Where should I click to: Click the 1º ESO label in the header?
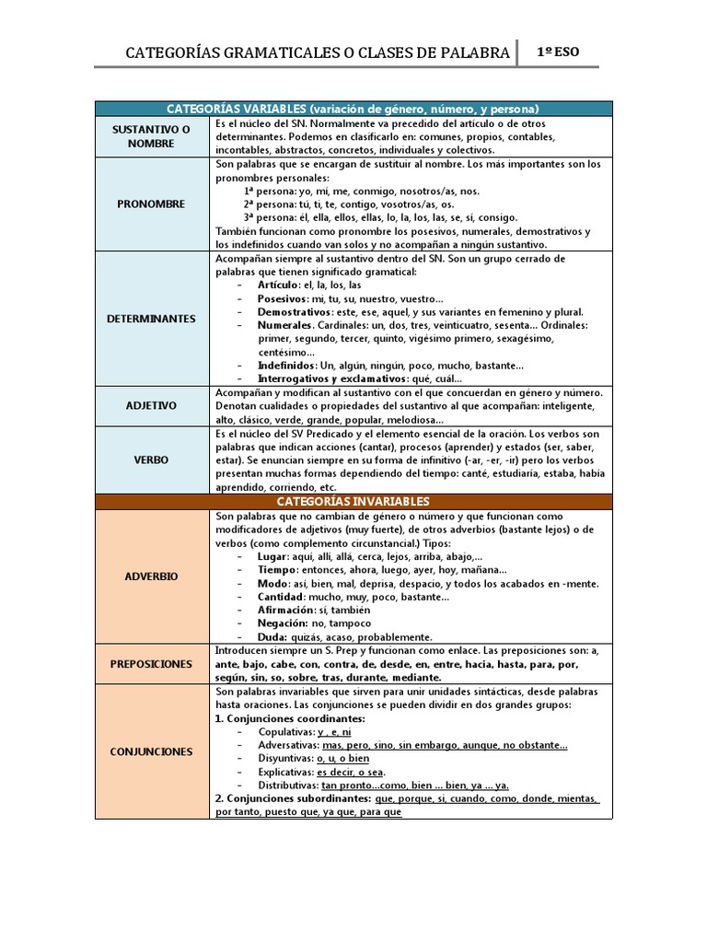click(559, 52)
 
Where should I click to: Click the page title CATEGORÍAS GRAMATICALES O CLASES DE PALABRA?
click(318, 53)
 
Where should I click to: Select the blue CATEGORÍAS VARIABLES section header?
click(353, 109)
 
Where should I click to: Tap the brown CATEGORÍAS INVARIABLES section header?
click(353, 501)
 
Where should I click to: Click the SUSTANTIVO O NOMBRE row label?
click(152, 136)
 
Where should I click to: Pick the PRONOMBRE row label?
click(152, 204)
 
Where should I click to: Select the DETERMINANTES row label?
click(152, 319)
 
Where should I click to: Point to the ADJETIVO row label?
click(152, 405)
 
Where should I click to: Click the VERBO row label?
click(152, 460)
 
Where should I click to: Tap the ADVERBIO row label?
click(152, 576)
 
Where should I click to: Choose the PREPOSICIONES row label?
click(152, 664)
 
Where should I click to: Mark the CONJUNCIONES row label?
click(152, 751)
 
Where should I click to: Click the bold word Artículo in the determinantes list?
click(279, 285)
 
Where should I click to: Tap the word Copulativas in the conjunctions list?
click(286, 732)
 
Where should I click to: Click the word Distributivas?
click(288, 786)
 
